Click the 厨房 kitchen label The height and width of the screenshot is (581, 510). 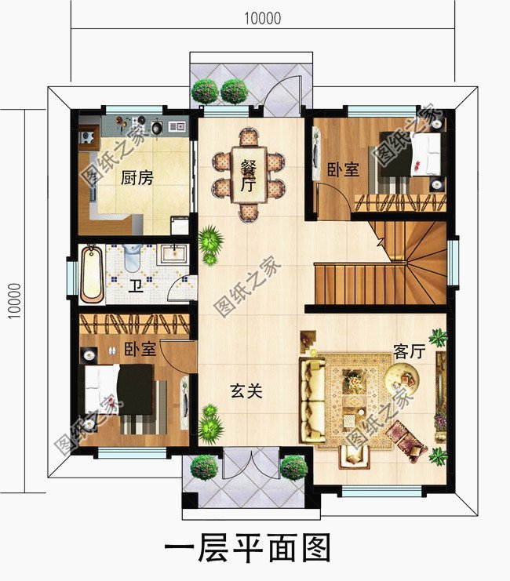point(137,178)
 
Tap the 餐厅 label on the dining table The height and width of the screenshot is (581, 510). point(249,175)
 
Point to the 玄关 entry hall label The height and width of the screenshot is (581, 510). point(246,390)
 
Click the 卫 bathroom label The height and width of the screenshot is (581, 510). point(135,285)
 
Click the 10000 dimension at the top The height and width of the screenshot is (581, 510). point(263,18)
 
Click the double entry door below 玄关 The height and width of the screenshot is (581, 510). point(248,466)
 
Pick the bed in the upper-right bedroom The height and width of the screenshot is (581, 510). point(411,155)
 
